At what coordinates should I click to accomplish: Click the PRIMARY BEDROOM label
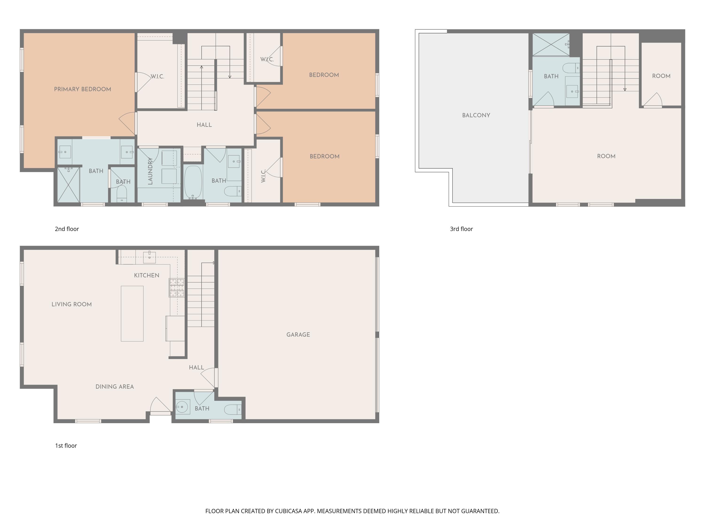(82, 89)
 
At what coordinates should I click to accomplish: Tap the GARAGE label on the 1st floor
(298, 335)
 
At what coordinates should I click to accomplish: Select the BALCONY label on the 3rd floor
(476, 115)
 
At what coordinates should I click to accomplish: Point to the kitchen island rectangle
(132, 313)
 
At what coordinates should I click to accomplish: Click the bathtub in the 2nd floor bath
(193, 182)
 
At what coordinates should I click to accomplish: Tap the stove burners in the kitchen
(176, 288)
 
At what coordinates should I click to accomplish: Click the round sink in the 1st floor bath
(182, 407)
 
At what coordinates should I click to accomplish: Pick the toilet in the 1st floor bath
(233, 409)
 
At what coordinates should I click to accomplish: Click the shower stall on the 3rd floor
(551, 45)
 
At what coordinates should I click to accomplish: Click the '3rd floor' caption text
(461, 229)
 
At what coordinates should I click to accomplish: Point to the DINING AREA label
(114, 387)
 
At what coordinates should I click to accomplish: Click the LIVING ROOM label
(72, 304)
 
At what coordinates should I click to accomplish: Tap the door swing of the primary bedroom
(127, 123)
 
